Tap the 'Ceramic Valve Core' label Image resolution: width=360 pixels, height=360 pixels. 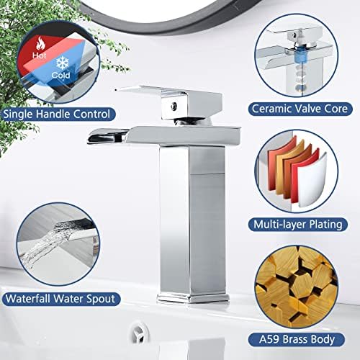(x=302, y=109)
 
